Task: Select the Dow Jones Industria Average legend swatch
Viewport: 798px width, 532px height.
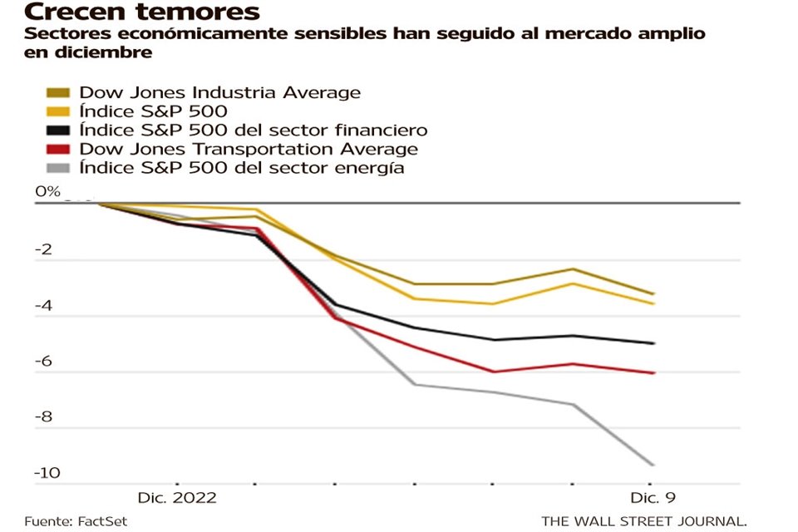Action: (x=58, y=92)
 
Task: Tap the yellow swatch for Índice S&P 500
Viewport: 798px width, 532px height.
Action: (x=58, y=111)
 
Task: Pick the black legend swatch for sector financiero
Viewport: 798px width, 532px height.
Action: (x=58, y=130)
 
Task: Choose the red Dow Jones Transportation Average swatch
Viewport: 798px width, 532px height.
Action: (x=58, y=149)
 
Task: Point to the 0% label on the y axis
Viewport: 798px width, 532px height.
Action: (x=47, y=192)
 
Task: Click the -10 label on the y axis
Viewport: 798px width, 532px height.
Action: (x=47, y=474)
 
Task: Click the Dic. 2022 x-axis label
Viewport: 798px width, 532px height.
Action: (x=176, y=498)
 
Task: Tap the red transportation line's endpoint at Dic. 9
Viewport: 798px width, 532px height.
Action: (x=653, y=372)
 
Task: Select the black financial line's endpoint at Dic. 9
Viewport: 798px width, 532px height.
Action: (x=653, y=342)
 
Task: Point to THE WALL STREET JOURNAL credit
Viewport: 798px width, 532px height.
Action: (x=643, y=521)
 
